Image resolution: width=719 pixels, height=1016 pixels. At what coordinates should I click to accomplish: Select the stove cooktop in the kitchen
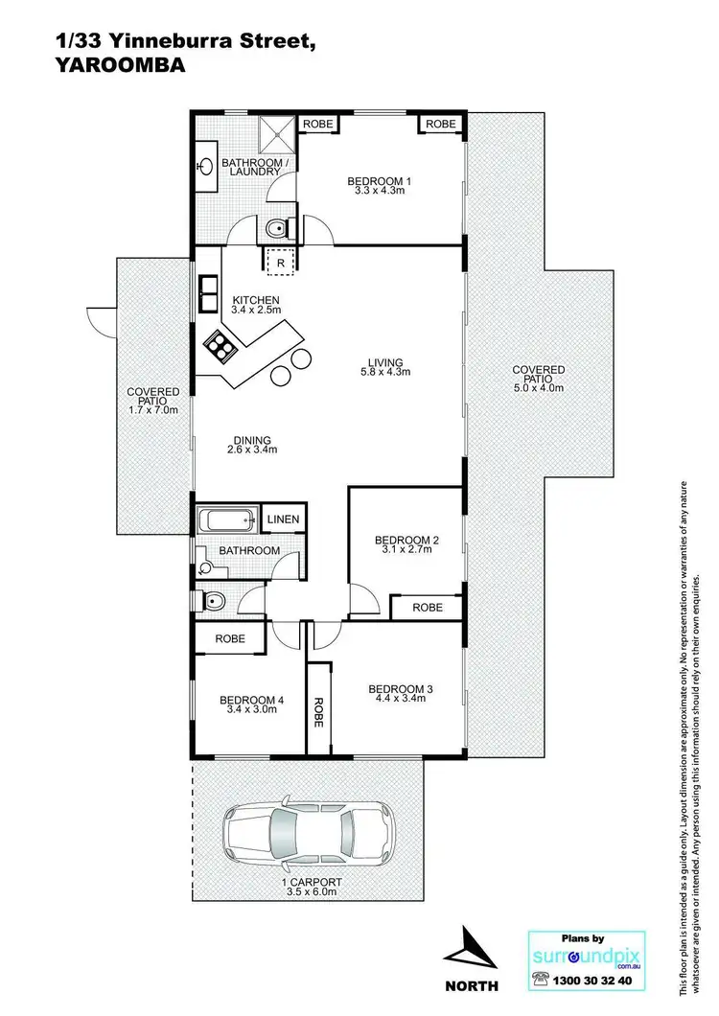(220, 345)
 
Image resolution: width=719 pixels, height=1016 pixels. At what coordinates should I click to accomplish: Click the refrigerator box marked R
(280, 260)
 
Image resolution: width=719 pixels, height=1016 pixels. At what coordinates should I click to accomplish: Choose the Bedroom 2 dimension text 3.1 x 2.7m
(406, 552)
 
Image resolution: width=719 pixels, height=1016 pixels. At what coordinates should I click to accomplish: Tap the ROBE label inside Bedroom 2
(428, 607)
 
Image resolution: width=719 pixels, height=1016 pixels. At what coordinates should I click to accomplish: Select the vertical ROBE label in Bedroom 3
(317, 712)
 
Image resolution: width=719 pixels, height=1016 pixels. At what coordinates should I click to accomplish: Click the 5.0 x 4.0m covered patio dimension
(538, 388)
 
